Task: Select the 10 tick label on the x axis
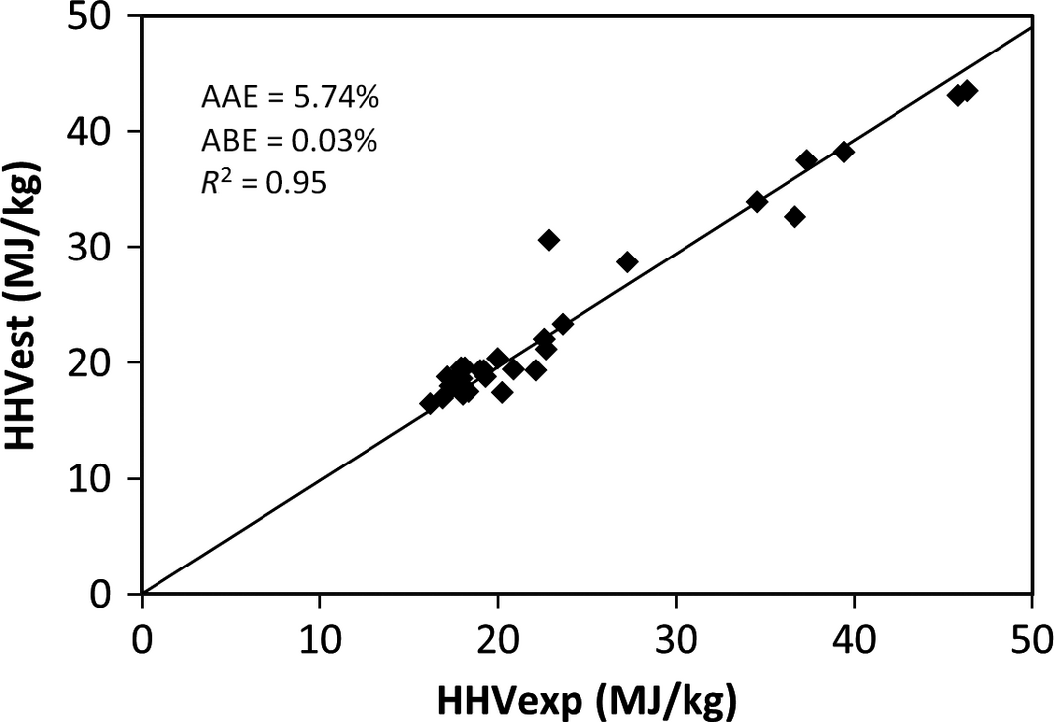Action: pyautogui.click(x=320, y=637)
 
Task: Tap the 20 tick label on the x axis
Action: pyautogui.click(x=498, y=637)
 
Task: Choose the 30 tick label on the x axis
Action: pyautogui.click(x=676, y=637)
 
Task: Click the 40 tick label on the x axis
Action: pyautogui.click(x=853, y=637)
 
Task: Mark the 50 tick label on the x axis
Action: pyautogui.click(x=1030, y=637)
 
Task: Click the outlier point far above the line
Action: pyautogui.click(x=549, y=240)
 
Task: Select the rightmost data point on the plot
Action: pyautogui.click(x=968, y=91)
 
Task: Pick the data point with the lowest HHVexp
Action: pyautogui.click(x=430, y=403)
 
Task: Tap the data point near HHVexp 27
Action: pyautogui.click(x=627, y=261)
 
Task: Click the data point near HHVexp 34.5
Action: pyautogui.click(x=757, y=202)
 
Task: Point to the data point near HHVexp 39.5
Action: pyautogui.click(x=844, y=152)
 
